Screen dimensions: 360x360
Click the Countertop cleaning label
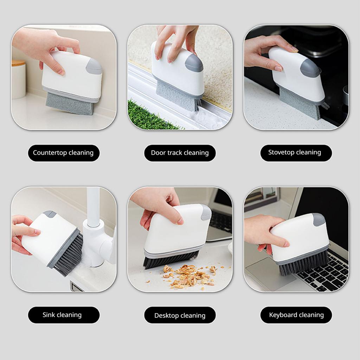[x=64, y=153]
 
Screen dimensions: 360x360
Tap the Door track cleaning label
[x=180, y=153]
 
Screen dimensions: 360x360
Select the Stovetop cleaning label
[x=296, y=153]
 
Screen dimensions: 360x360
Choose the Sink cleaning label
[x=64, y=315]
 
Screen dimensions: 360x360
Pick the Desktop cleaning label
[x=180, y=315]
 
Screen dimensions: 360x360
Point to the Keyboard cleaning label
[x=296, y=315]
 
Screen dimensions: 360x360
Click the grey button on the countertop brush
[x=94, y=66]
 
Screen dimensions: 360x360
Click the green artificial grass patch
[x=149, y=116]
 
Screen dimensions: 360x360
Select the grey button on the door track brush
[x=194, y=63]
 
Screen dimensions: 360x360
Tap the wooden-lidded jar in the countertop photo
[x=18, y=79]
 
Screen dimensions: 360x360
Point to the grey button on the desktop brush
[x=206, y=212]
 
